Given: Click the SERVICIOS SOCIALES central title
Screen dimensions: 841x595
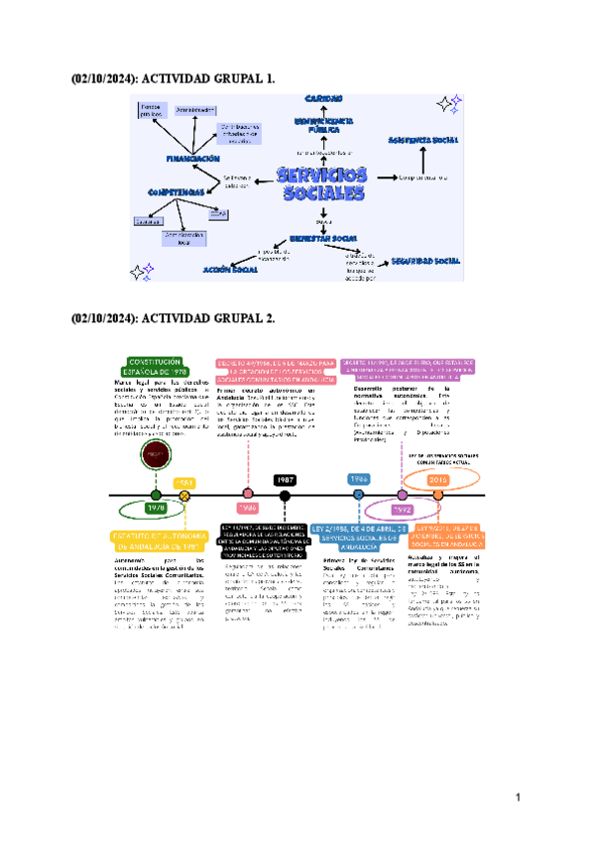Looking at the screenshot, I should coord(321,184).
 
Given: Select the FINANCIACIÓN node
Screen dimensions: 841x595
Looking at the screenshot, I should coord(192,158).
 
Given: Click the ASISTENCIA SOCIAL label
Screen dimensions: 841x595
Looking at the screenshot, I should coord(423,140).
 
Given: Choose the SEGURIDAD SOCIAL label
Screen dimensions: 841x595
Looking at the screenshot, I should coord(425,261).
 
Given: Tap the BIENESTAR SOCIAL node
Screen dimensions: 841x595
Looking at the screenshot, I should coord(323,239).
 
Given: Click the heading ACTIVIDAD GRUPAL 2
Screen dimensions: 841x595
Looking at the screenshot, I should coord(174,318).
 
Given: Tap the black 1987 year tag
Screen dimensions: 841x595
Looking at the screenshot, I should coord(286,480).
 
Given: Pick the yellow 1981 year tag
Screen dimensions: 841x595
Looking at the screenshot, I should coord(184,482).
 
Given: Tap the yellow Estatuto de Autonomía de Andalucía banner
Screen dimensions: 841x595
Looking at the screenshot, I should coord(157,541).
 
